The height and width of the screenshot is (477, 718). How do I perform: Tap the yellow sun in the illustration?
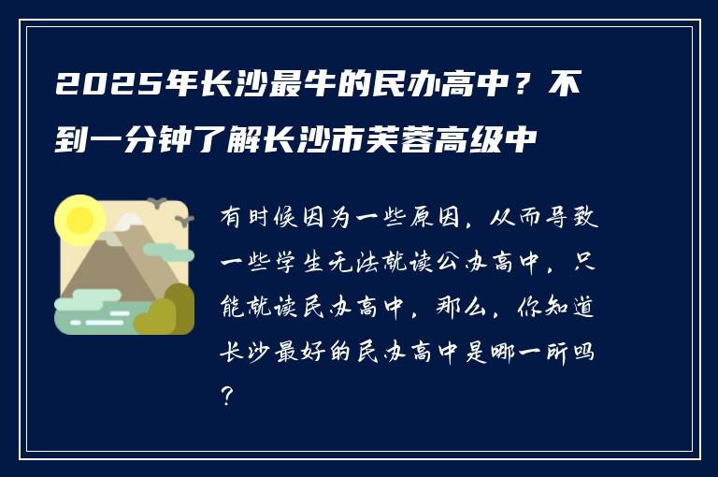[79, 219]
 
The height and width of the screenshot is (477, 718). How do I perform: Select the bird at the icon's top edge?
[156, 201]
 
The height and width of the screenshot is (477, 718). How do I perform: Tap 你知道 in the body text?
[556, 306]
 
